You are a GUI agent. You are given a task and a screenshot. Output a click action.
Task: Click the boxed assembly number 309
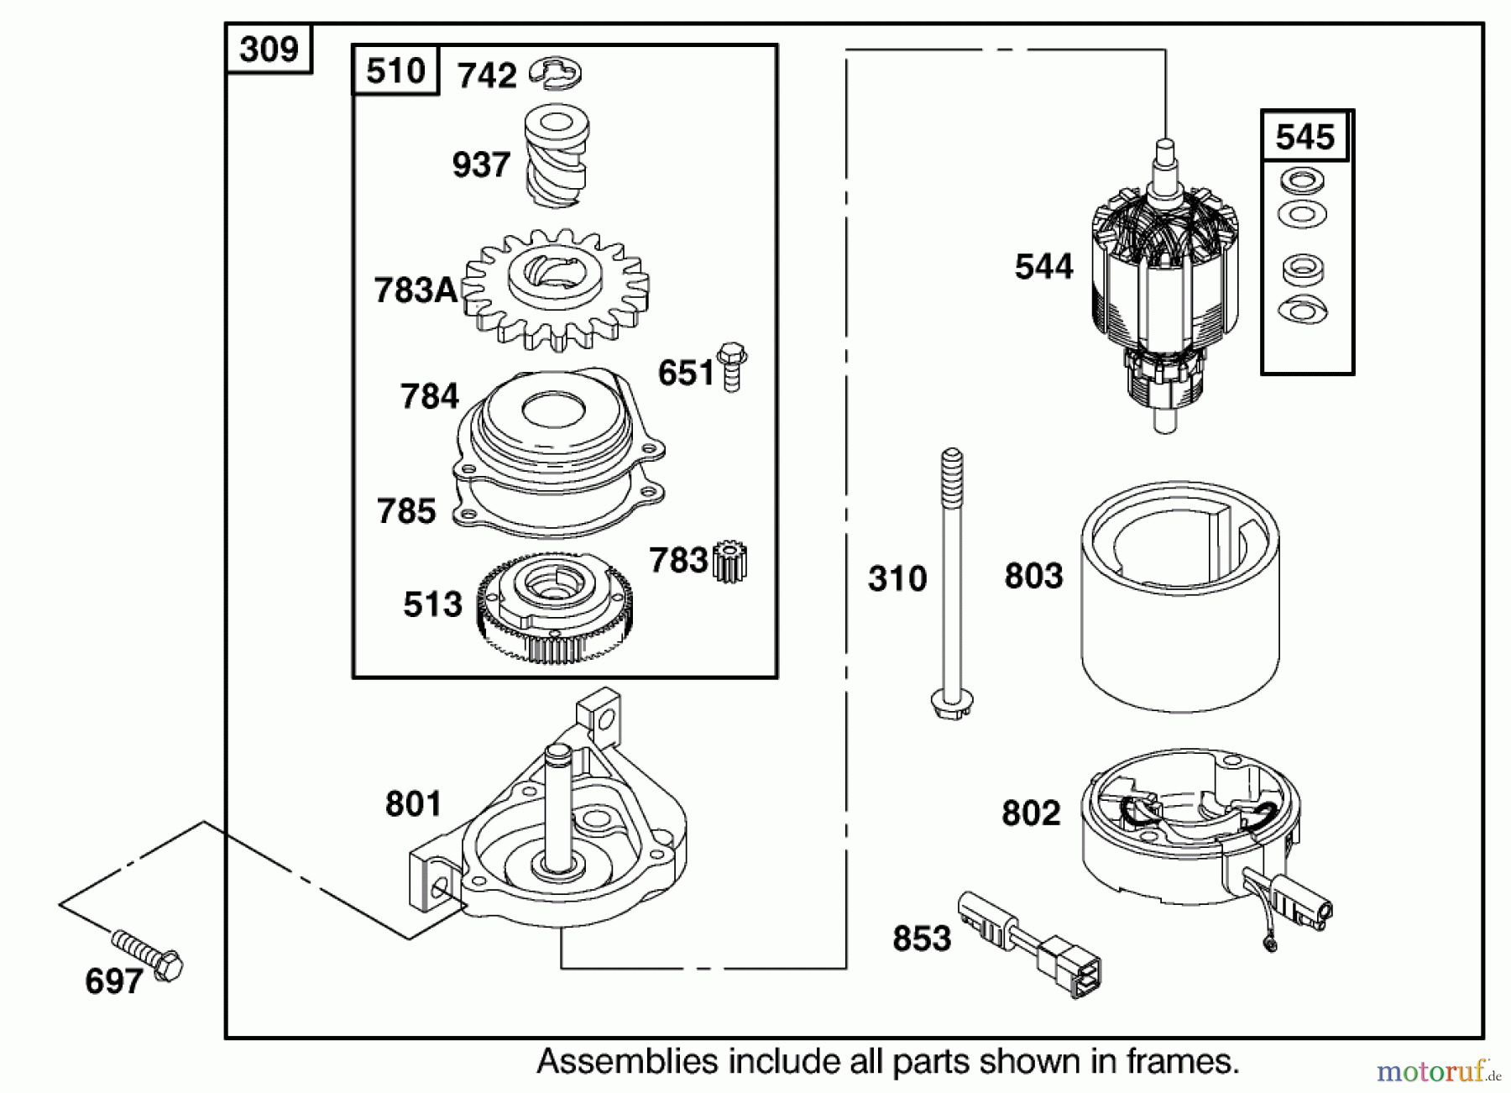pos(269,50)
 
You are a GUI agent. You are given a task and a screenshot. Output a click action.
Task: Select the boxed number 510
pos(395,71)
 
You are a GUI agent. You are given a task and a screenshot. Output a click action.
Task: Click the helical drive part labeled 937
pos(556,155)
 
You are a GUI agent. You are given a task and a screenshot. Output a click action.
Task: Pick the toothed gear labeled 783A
pos(556,290)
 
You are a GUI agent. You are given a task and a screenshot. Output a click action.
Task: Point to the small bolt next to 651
pos(732,367)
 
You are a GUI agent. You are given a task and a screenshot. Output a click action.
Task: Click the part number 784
pos(429,396)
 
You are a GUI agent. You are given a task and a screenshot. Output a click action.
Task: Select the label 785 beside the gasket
pos(406,511)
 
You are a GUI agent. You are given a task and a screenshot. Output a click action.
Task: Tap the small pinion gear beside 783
pos(730,562)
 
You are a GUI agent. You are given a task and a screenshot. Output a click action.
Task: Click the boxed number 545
pos(1304,136)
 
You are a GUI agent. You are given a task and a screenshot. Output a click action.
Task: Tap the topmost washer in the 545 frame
pos(1302,180)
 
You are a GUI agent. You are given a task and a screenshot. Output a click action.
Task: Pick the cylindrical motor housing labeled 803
pos(1179,596)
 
